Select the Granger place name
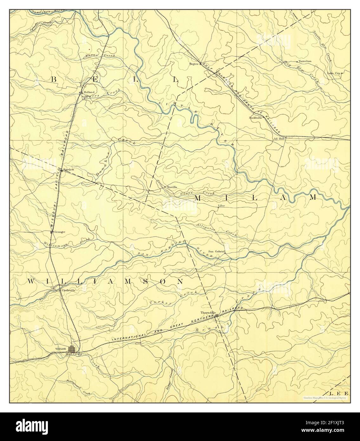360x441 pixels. [x=60, y=232]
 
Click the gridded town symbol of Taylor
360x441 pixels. [x=72, y=349]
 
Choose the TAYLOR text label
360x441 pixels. [x=60, y=349]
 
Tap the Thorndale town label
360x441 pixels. [x=208, y=313]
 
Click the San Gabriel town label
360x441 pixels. [x=216, y=251]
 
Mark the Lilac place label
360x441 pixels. [x=221, y=206]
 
